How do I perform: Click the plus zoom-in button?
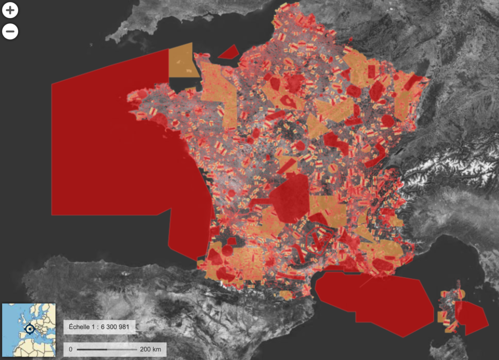coord(10,10)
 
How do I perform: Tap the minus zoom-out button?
coord(10,32)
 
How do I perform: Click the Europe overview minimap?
coord(29,330)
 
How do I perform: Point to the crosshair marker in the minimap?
coord(29,329)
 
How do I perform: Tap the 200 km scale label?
coord(150,349)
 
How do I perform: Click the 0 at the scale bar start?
coord(71,349)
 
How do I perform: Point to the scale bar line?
coord(107,349)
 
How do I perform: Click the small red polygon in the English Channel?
coord(228,52)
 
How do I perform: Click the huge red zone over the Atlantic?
coord(112,146)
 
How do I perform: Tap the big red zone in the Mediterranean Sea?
coord(375,302)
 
